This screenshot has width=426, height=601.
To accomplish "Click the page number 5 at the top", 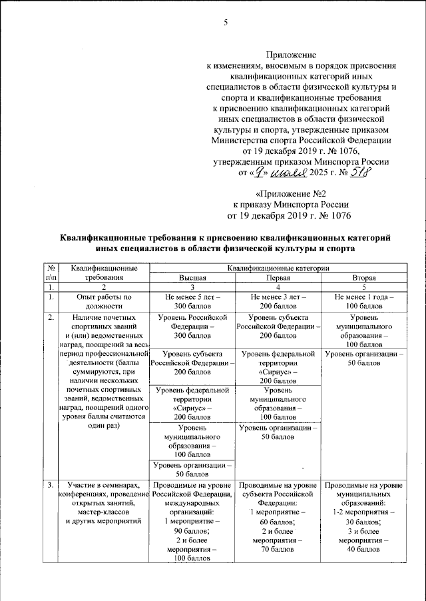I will coord(226,24).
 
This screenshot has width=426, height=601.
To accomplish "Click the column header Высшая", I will coord(192,277).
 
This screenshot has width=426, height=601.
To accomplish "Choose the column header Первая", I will coord(278,277).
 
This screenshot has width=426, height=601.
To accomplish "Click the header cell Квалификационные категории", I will coord(278,267).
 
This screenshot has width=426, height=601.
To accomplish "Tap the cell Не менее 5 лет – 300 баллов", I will coord(192,300).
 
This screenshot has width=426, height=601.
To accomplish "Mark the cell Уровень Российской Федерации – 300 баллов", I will coord(192,327).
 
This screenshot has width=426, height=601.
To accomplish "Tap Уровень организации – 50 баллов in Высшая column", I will coord(192,469).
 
